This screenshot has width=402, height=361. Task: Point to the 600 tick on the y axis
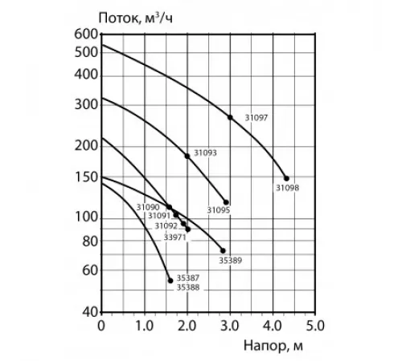[86, 34]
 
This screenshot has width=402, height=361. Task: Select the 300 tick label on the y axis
[86, 103]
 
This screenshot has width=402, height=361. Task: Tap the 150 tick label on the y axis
[86, 177]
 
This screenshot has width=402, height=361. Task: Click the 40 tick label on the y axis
[89, 311]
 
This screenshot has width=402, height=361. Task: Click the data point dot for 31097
[231, 117]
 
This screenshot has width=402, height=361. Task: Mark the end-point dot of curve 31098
[286, 178]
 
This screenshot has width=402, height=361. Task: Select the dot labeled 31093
[187, 156]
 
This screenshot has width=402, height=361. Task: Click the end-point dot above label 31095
[226, 202]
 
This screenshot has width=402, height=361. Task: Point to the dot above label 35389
[223, 250]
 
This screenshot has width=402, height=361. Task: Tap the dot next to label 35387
[170, 280]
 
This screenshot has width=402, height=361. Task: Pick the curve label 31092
[166, 226]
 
